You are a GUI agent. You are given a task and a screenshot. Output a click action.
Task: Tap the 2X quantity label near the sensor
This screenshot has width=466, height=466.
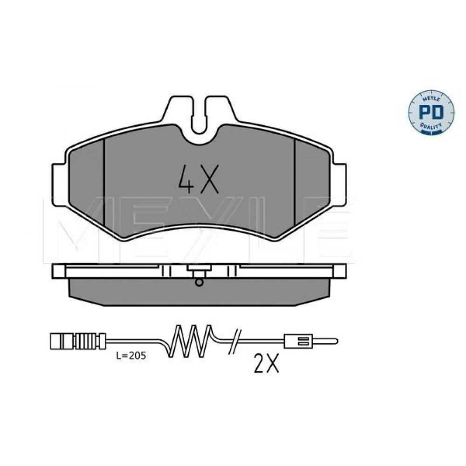(267, 363)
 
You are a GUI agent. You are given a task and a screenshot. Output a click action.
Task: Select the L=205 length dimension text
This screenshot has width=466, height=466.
(131, 356)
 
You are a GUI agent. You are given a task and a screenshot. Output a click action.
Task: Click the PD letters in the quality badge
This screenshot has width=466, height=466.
(431, 112)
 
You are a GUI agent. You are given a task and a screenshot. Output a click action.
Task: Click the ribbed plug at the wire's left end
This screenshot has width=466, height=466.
(78, 341)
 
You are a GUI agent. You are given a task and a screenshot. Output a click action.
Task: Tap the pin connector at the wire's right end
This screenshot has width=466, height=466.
(311, 341)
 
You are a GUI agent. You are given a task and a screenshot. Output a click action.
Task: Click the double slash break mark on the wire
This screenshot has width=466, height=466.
(235, 342)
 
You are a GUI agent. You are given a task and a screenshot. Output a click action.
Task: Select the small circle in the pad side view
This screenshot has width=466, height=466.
(199, 282)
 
